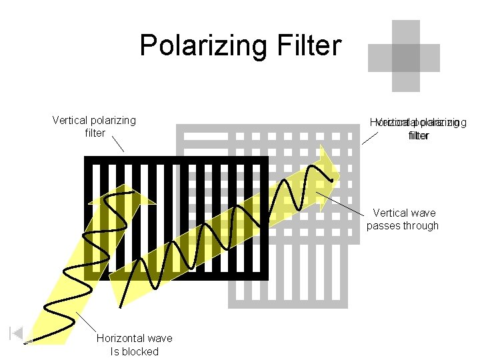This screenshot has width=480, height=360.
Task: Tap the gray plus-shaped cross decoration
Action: (405, 56)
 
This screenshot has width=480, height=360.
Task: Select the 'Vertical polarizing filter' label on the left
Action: (94, 127)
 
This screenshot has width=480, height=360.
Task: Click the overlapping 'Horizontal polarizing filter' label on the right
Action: (419, 129)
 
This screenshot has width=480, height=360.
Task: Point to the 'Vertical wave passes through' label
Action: (403, 219)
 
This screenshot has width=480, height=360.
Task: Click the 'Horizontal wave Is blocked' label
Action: (134, 345)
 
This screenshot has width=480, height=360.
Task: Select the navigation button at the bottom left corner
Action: (17, 333)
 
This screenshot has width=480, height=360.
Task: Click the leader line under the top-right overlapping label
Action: (369, 139)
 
